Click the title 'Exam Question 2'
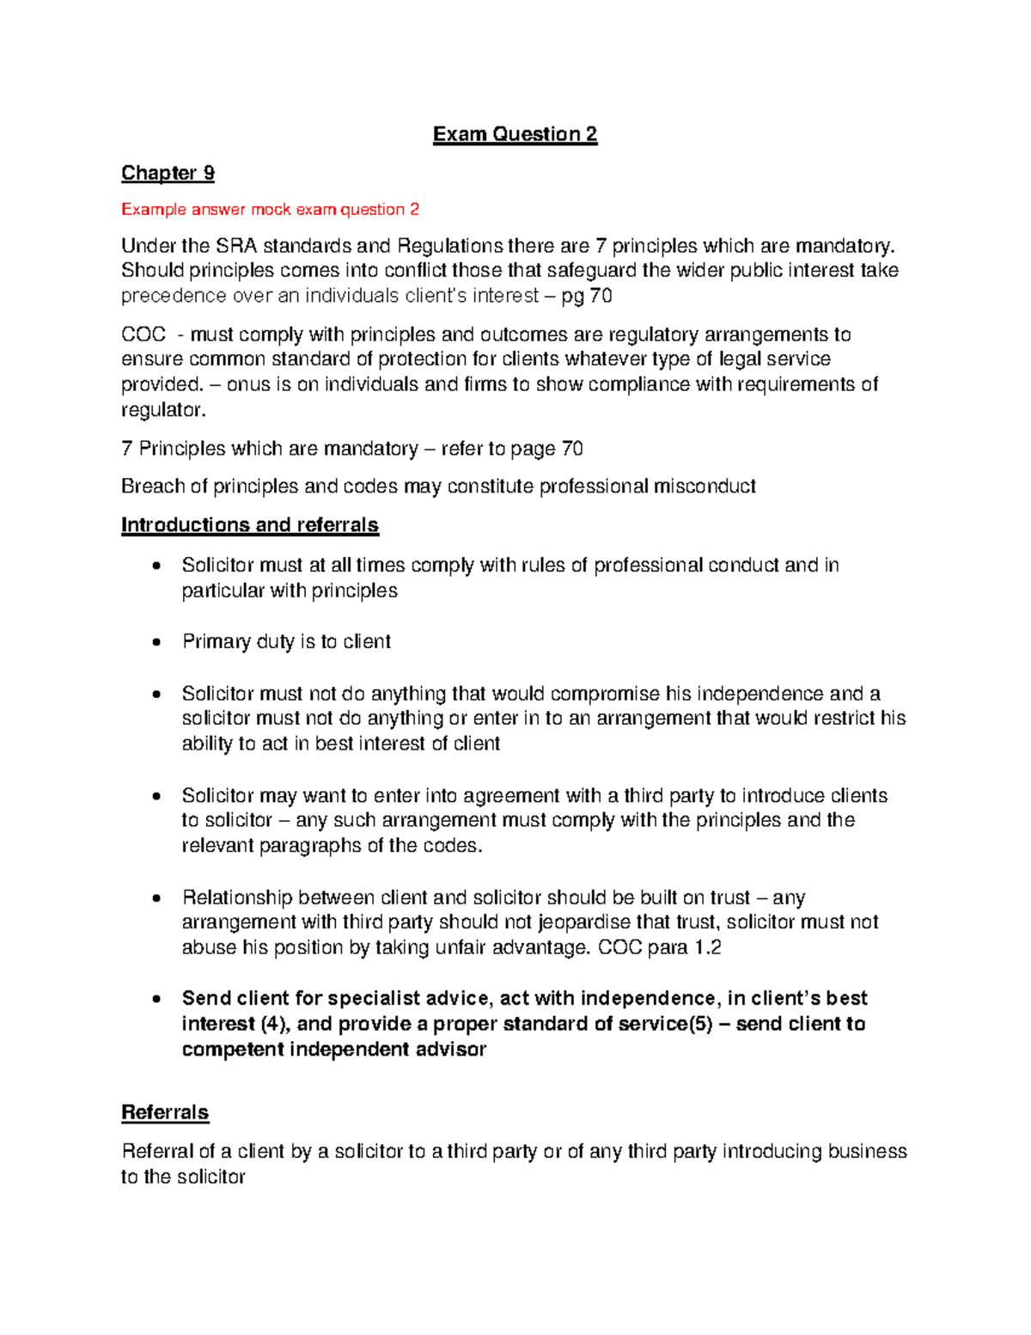(515, 134)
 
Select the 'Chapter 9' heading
(168, 173)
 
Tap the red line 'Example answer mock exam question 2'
(270, 210)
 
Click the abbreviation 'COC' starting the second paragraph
(143, 334)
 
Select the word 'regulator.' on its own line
(163, 410)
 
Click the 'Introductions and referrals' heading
(249, 525)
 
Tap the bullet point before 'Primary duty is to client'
(156, 642)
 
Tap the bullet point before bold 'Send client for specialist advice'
(156, 999)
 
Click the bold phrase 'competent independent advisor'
(333, 1050)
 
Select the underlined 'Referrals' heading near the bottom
(165, 1112)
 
